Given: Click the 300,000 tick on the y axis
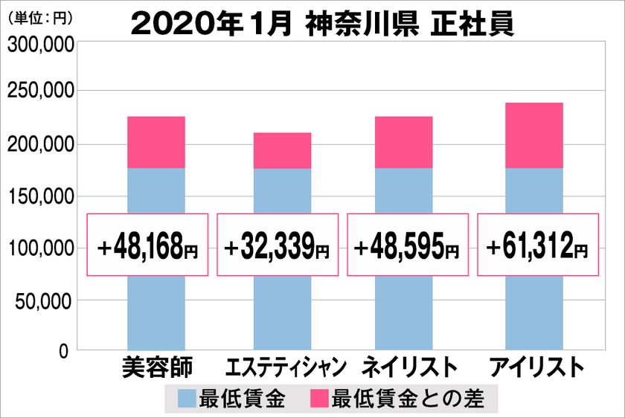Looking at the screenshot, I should [41, 46].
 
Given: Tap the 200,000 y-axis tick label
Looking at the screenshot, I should [41, 144].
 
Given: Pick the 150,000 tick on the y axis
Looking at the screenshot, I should [41, 196].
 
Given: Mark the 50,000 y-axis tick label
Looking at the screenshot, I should [45, 301].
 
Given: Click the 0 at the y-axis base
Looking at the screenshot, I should [65, 350].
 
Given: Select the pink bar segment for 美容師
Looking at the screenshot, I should [156, 142].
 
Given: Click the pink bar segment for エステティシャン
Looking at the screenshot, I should [282, 150].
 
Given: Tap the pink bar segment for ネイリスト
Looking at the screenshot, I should [403, 142].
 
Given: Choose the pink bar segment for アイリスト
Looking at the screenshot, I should [533, 135].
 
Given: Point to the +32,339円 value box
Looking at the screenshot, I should [278, 245].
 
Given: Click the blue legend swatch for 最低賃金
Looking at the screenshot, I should [187, 399].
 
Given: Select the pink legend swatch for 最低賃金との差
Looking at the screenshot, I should [322, 399].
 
